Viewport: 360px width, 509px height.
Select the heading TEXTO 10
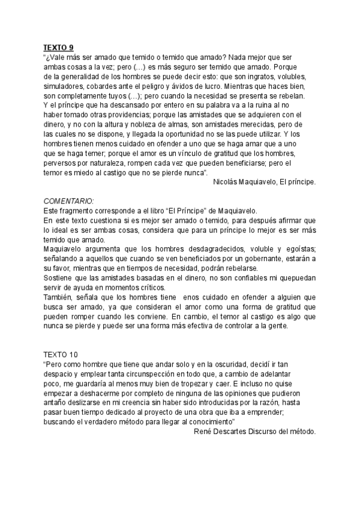59,355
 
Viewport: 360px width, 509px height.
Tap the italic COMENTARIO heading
69,201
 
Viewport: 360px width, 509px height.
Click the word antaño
56,402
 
